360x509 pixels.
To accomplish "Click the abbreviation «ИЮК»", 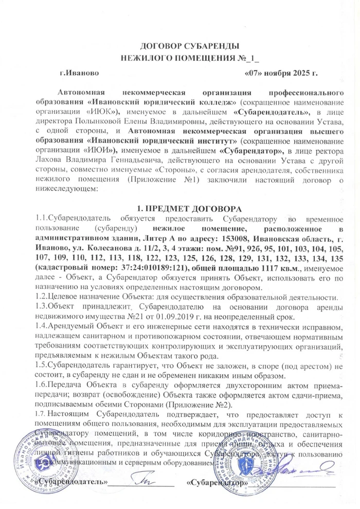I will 104,112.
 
